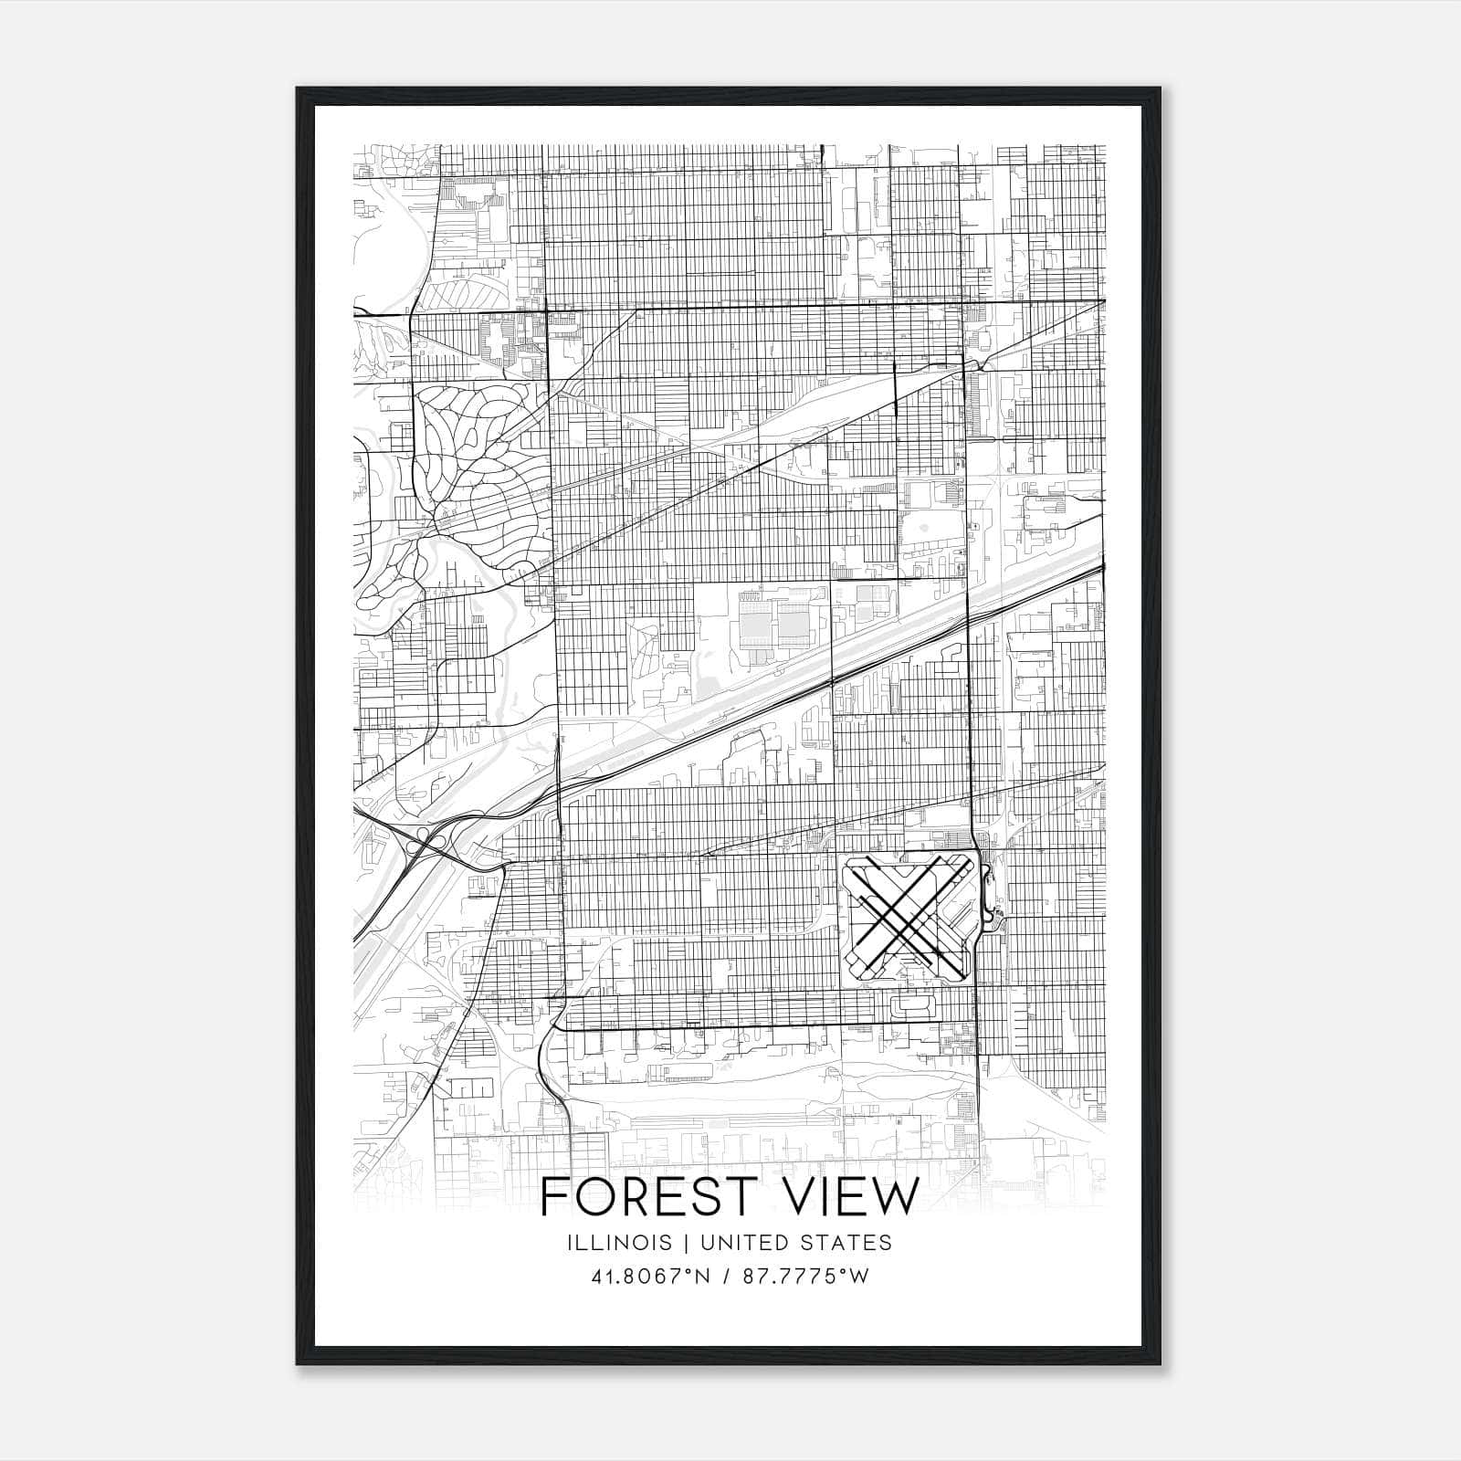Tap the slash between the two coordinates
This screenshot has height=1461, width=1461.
coord(728,1277)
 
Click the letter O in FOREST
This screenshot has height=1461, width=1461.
coord(594,1197)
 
